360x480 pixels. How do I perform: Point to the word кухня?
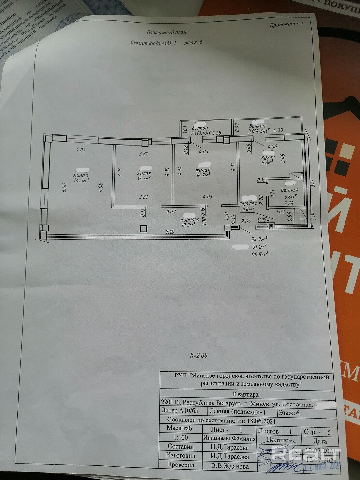(268, 157)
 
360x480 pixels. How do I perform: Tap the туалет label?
(250, 203)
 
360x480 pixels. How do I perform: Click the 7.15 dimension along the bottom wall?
(170, 233)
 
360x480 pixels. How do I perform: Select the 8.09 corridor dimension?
(171, 211)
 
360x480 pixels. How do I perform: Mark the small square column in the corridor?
(142, 229)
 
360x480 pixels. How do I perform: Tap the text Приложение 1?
(287, 23)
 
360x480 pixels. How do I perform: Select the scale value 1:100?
(175, 437)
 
